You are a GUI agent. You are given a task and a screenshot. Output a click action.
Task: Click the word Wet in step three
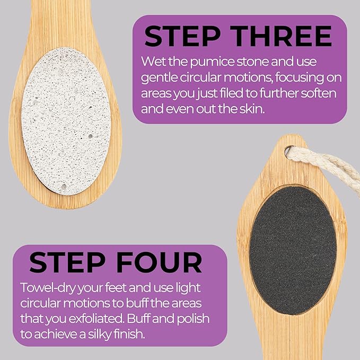tap(153, 63)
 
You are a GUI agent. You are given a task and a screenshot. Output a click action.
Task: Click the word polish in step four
tap(191, 320)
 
